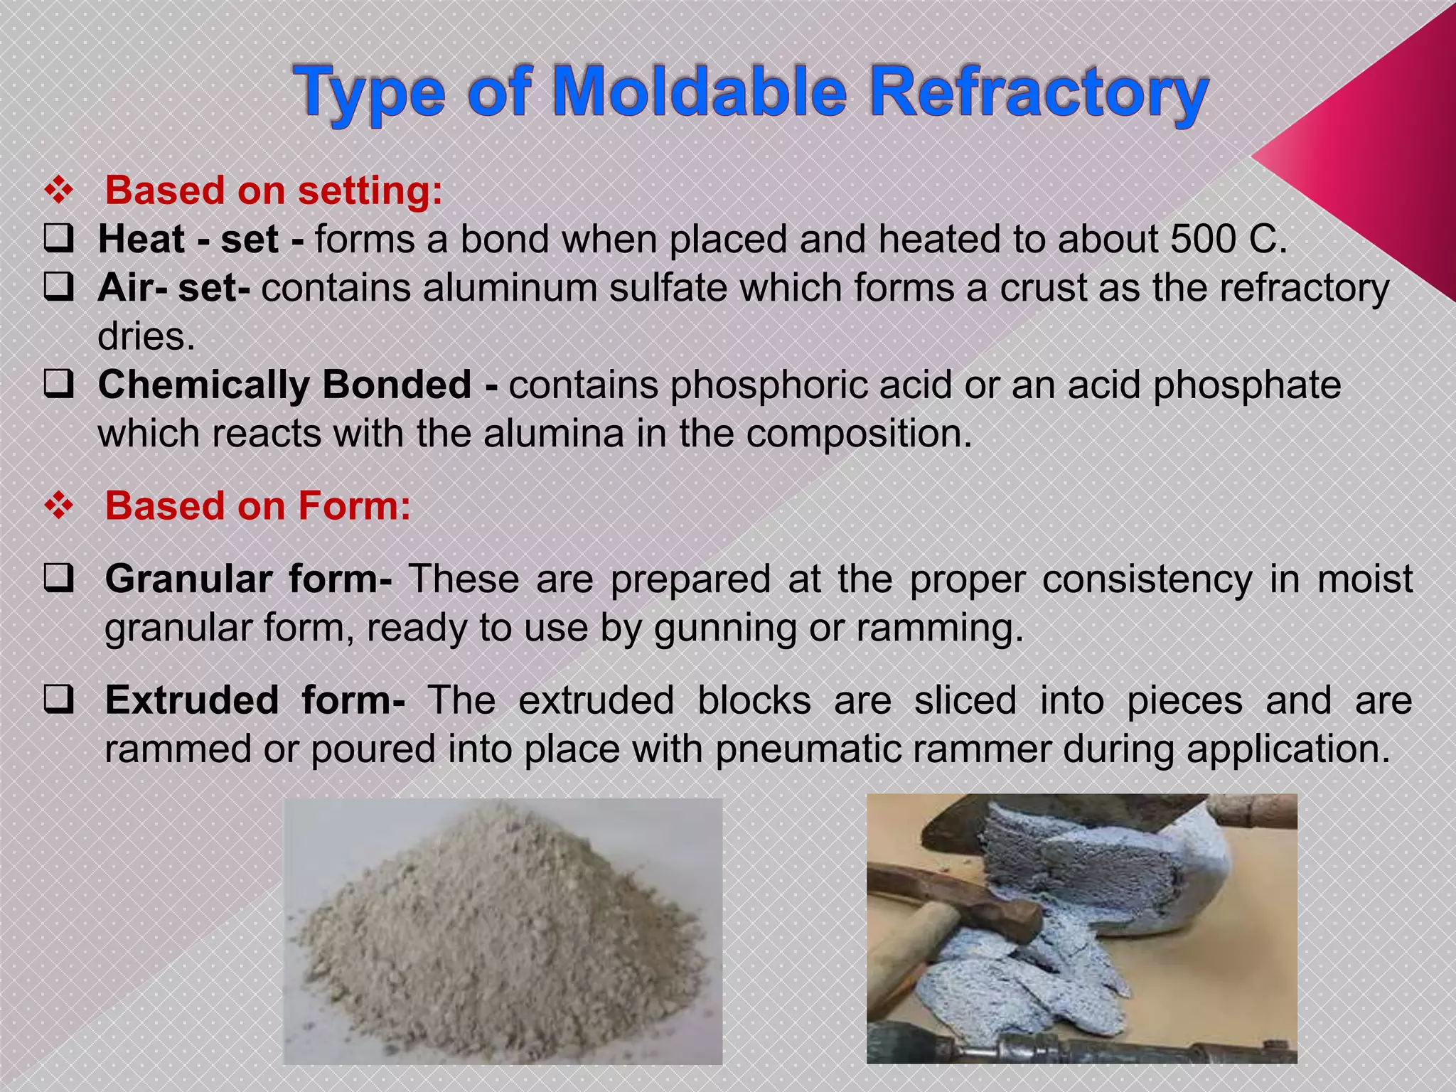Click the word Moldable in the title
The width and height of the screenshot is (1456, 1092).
(x=700, y=92)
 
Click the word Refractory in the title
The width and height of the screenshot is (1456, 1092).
(x=1039, y=92)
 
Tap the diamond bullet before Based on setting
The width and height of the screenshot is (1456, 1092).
(x=60, y=191)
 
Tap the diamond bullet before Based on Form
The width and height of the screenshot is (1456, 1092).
(x=60, y=506)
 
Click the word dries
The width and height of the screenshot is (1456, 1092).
(x=146, y=336)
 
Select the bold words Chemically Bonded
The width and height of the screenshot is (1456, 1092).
(x=285, y=385)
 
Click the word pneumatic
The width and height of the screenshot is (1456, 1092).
(x=803, y=749)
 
